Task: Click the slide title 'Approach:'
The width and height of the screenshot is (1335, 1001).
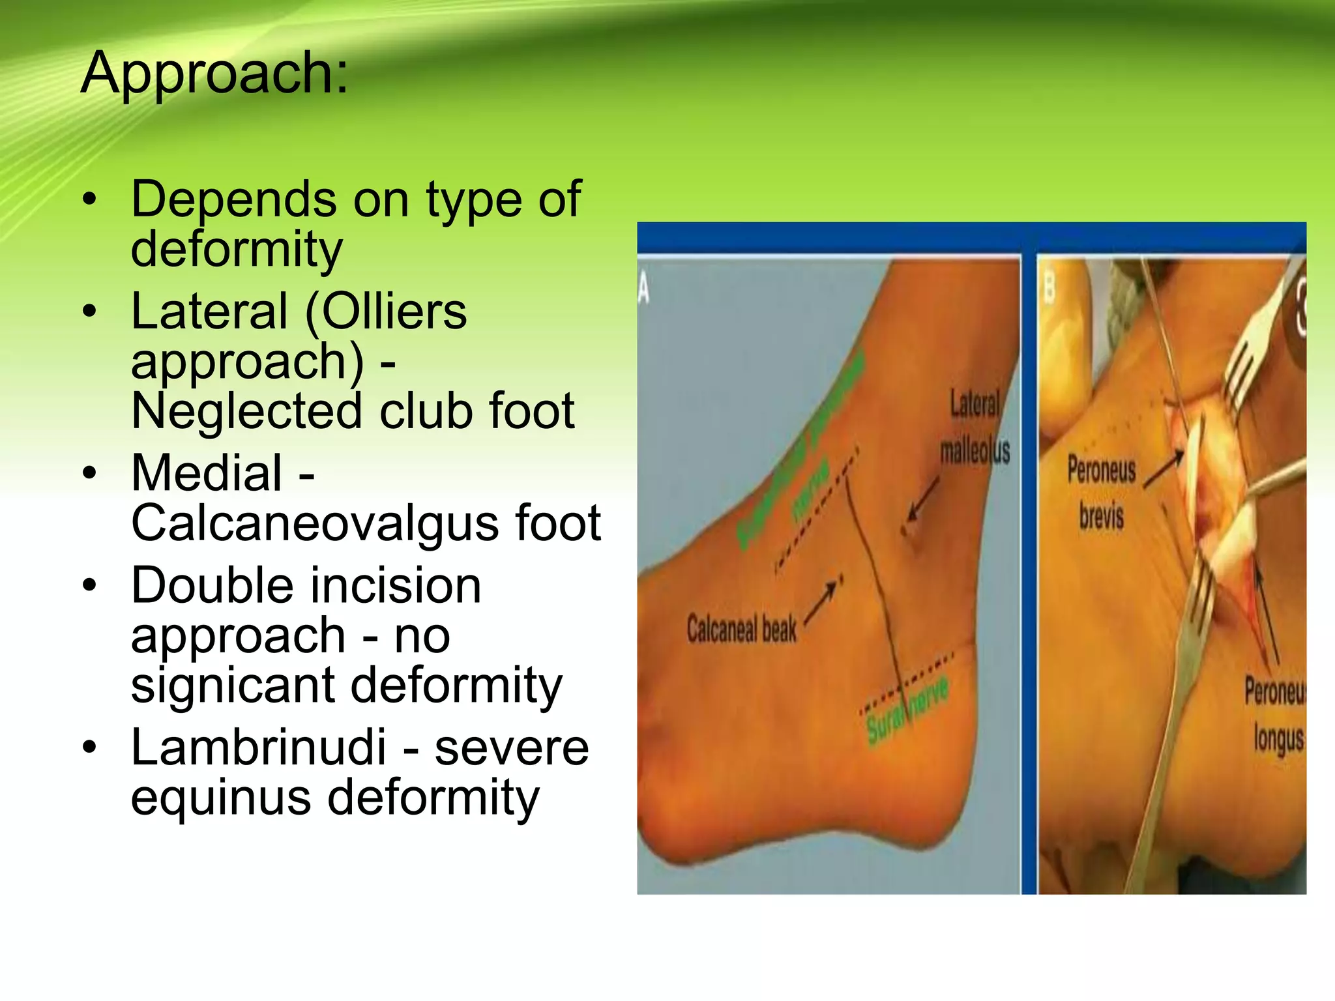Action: (215, 74)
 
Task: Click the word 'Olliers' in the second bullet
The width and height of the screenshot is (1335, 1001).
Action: (394, 312)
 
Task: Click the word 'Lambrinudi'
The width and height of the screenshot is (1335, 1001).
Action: (259, 747)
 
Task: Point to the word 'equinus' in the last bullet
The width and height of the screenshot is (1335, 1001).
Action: (221, 798)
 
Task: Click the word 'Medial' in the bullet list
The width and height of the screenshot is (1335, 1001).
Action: (207, 472)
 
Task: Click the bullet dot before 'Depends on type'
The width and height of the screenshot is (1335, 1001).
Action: (90, 199)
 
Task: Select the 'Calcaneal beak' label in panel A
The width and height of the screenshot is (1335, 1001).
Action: (741, 630)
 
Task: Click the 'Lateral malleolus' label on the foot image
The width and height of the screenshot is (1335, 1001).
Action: (975, 427)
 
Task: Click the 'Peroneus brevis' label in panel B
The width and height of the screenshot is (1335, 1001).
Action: (1101, 493)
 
